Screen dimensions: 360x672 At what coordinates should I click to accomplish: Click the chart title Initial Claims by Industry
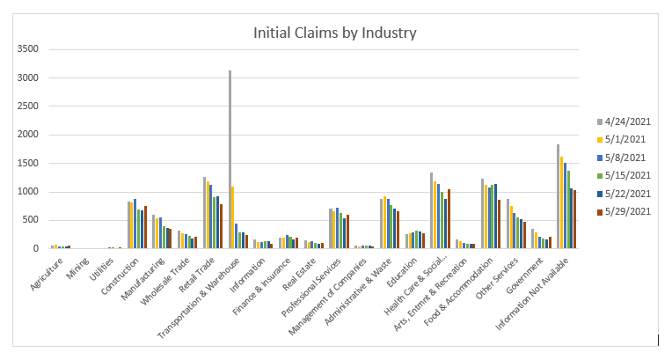coord(334,33)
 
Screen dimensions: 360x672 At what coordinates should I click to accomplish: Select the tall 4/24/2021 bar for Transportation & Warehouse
coord(230,159)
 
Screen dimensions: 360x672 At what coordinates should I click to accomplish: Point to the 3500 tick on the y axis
coord(29,49)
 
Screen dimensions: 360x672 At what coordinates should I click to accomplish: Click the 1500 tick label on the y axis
coord(29,163)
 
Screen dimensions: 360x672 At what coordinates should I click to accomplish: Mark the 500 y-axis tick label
coord(32,220)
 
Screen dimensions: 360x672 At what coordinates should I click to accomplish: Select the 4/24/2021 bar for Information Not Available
coord(559,196)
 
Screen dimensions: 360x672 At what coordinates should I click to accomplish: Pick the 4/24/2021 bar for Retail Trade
coord(204,213)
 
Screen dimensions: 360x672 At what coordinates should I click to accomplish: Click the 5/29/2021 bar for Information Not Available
coord(575,219)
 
